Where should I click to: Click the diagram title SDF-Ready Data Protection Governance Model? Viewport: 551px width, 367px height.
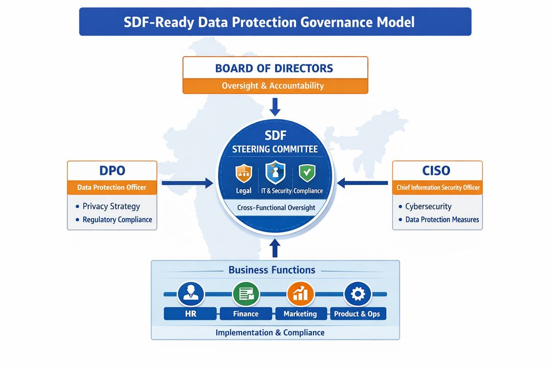[275, 22]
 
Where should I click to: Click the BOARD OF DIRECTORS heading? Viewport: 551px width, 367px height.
[274, 68]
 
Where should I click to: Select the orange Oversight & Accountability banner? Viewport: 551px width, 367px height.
[274, 86]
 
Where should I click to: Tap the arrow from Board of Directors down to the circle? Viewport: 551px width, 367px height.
[275, 107]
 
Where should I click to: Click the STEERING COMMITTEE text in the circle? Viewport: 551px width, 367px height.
[275, 149]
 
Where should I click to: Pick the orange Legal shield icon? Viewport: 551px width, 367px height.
[244, 173]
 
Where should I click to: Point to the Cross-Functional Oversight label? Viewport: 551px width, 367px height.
[275, 207]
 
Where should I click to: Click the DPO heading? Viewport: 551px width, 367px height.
[112, 170]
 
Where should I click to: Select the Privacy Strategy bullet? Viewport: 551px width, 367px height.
[111, 206]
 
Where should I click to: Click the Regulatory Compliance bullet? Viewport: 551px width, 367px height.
[117, 220]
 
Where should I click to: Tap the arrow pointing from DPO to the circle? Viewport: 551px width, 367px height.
[187, 182]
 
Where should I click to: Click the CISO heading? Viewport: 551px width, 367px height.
[437, 170]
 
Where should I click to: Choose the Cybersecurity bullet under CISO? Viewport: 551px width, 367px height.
[428, 206]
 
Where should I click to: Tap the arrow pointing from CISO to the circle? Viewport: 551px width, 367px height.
[363, 182]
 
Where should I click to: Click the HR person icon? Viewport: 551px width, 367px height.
[190, 294]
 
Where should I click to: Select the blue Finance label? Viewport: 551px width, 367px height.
[246, 313]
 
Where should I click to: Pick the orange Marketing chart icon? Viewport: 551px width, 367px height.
[300, 294]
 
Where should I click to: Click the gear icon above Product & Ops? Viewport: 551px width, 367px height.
[357, 294]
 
